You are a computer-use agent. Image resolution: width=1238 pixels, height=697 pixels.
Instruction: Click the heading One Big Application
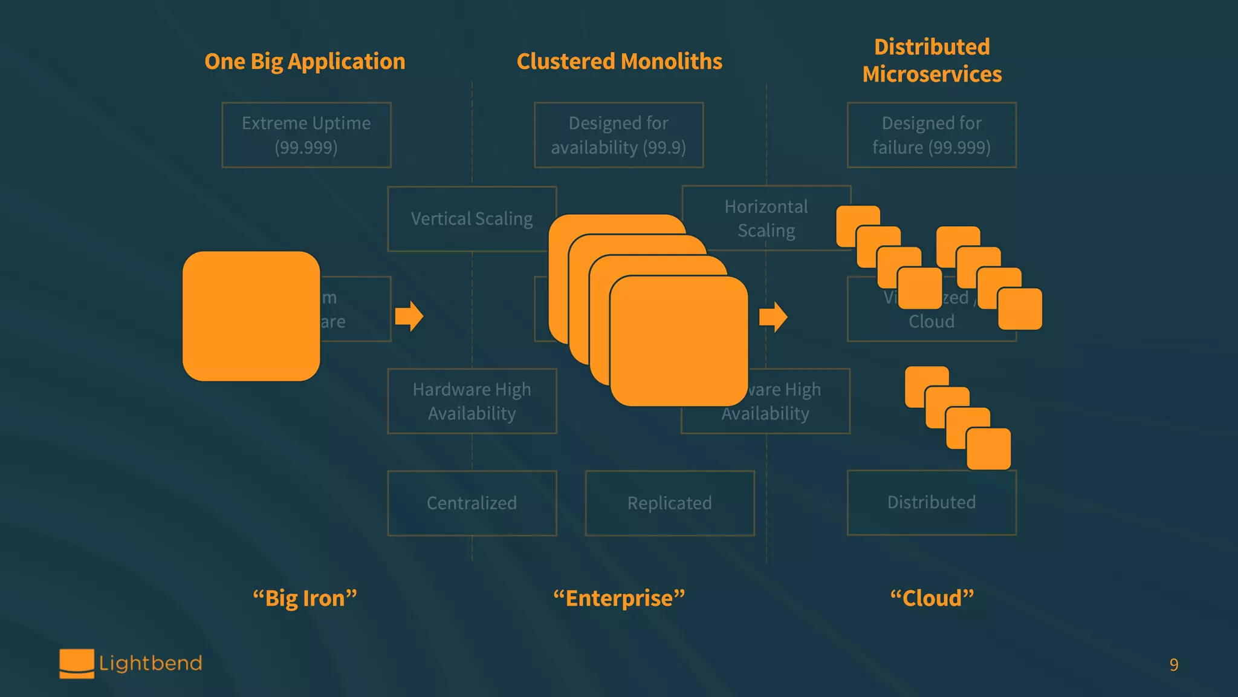click(x=305, y=62)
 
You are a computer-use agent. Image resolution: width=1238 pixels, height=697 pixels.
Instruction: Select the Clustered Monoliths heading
click(x=619, y=62)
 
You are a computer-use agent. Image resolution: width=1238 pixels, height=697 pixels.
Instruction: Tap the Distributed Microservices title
click(x=932, y=61)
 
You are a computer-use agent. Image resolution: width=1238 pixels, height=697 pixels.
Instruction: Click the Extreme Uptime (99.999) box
click(x=306, y=135)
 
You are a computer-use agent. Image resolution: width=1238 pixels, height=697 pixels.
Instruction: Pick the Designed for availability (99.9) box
click(x=618, y=135)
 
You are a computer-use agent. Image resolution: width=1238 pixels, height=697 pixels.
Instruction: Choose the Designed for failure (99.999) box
click(x=932, y=135)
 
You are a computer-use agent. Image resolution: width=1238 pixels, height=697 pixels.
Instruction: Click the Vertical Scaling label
click(x=472, y=218)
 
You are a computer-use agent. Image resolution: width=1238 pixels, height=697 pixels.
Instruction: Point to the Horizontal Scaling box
click(x=766, y=218)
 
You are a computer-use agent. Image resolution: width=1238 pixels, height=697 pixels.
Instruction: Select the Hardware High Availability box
click(x=472, y=401)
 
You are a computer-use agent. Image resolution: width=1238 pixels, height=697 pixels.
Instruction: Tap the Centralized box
click(x=472, y=503)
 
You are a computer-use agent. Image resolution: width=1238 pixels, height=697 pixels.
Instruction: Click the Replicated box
click(x=669, y=503)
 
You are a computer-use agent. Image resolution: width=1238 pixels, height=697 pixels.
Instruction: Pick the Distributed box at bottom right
click(x=932, y=502)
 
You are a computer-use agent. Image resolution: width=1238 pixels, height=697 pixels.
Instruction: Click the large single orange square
click(x=251, y=316)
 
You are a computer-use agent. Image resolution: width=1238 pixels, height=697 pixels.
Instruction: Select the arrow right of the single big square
click(x=409, y=316)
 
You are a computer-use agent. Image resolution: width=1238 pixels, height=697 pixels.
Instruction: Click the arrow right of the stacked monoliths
click(x=773, y=316)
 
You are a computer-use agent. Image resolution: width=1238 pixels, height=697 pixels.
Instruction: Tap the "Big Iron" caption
click(x=305, y=598)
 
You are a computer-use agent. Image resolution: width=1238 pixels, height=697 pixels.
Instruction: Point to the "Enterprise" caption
click(x=619, y=598)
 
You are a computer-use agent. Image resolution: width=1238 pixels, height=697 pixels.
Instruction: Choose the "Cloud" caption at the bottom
click(x=932, y=598)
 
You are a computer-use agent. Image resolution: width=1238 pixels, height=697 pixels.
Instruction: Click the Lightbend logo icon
click(x=77, y=663)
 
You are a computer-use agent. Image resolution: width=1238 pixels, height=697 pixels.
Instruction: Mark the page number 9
click(x=1173, y=665)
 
